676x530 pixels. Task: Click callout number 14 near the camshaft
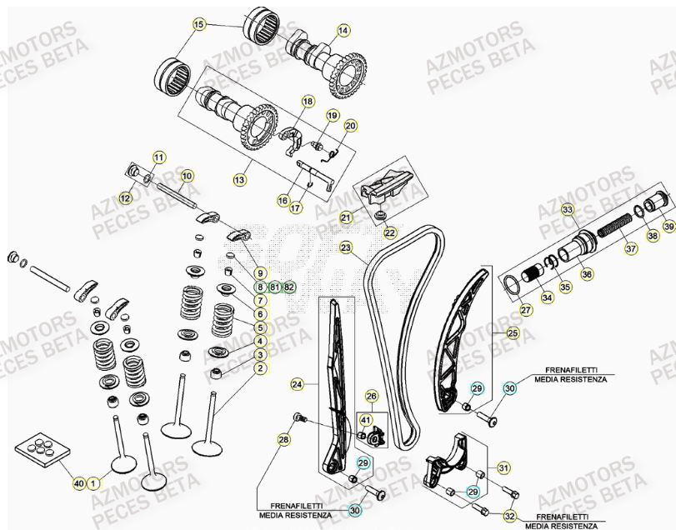(343, 31)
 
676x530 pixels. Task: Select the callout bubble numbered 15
(198, 25)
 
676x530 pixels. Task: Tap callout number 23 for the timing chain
(346, 247)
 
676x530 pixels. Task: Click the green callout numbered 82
(289, 287)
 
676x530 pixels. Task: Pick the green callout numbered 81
(274, 287)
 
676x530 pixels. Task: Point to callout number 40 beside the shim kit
(78, 482)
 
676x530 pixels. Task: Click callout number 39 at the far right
(668, 226)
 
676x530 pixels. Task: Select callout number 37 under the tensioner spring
(631, 247)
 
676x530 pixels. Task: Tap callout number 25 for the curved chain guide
(512, 333)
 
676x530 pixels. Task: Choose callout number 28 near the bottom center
(283, 439)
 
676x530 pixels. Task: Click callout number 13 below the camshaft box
(239, 178)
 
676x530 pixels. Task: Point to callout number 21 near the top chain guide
(345, 217)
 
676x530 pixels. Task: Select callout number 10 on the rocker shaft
(187, 176)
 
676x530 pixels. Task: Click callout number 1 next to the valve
(93, 482)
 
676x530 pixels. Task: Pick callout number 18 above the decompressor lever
(308, 102)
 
